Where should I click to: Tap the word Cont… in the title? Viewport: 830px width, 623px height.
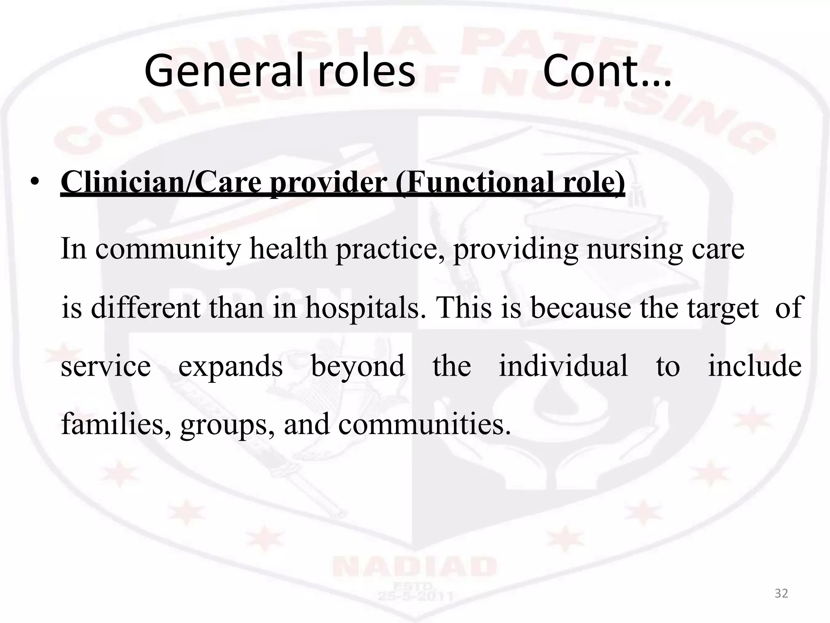tap(607, 71)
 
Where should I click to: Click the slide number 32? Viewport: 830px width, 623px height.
tap(781, 594)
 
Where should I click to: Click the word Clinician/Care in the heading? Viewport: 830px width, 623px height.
tap(161, 182)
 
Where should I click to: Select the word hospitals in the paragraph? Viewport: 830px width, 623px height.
tap(362, 307)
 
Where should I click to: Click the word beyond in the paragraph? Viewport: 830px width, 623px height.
tap(358, 366)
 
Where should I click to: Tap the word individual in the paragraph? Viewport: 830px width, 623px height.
tap(563, 366)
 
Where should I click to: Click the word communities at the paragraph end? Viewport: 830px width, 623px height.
tap(424, 424)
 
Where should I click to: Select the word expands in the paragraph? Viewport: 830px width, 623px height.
tap(231, 366)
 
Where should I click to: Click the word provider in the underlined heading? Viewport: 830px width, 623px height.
tap(328, 182)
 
